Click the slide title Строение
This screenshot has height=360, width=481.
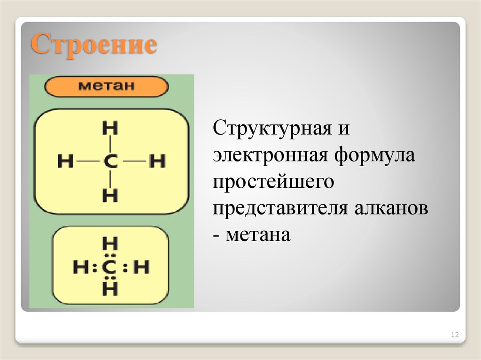[x=93, y=46]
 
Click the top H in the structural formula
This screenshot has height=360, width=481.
[x=110, y=128]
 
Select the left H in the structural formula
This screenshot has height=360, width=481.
[x=65, y=162]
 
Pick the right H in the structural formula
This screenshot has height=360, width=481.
[x=157, y=162]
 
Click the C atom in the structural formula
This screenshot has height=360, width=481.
[x=110, y=162]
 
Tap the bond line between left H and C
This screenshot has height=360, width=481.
[x=86, y=162]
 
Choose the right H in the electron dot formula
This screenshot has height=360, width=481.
[x=140, y=268]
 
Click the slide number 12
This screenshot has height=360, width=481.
[x=454, y=335]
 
